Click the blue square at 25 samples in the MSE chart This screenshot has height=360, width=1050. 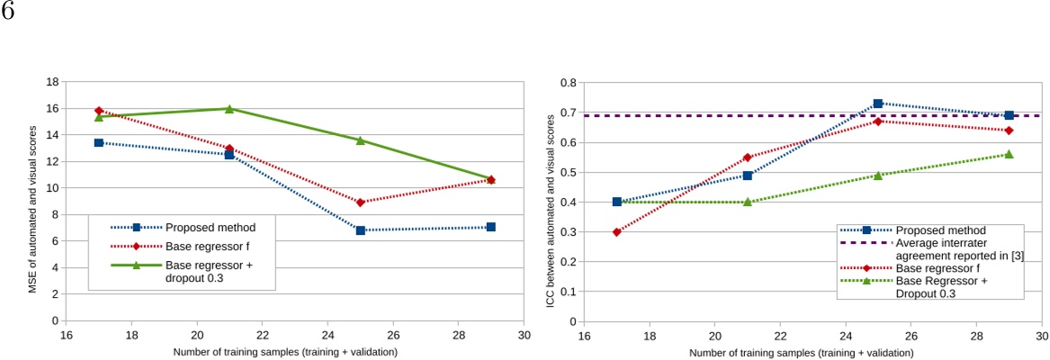pyautogui.click(x=360, y=230)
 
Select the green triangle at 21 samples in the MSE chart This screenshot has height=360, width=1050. pyautogui.click(x=229, y=109)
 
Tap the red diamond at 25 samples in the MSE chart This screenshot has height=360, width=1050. pyautogui.click(x=360, y=202)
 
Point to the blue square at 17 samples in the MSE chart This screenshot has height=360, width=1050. pyautogui.click(x=99, y=143)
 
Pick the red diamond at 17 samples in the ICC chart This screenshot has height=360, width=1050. pyautogui.click(x=616, y=232)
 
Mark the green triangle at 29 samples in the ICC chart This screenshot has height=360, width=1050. pyautogui.click(x=1009, y=154)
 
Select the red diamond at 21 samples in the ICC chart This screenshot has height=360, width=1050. pyautogui.click(x=747, y=157)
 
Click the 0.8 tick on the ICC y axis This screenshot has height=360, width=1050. pyautogui.click(x=570, y=82)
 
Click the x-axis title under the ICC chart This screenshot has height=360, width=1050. pyautogui.click(x=812, y=350)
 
